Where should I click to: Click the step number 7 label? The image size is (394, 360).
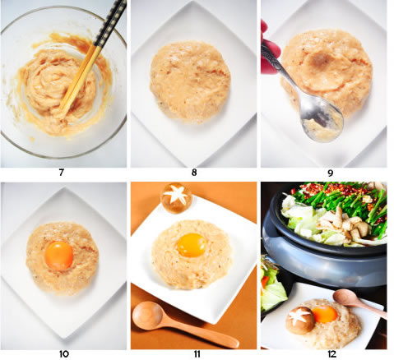click(x=61, y=173)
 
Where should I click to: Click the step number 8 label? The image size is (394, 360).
click(x=194, y=173)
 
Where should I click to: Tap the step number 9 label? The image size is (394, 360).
click(x=331, y=173)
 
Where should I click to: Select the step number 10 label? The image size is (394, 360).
click(x=64, y=354)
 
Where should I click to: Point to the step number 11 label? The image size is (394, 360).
click(x=197, y=354)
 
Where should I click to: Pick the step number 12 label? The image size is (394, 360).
click(x=331, y=354)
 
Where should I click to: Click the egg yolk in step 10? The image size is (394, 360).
click(x=59, y=256)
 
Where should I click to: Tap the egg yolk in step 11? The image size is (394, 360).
click(x=192, y=245)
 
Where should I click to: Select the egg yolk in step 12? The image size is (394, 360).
click(x=325, y=314)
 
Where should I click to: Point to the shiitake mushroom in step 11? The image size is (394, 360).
click(x=176, y=198)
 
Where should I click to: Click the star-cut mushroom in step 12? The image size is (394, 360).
click(x=300, y=320)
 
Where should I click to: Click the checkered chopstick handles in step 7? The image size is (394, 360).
click(x=110, y=23)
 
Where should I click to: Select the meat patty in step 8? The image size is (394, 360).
click(x=190, y=81)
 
